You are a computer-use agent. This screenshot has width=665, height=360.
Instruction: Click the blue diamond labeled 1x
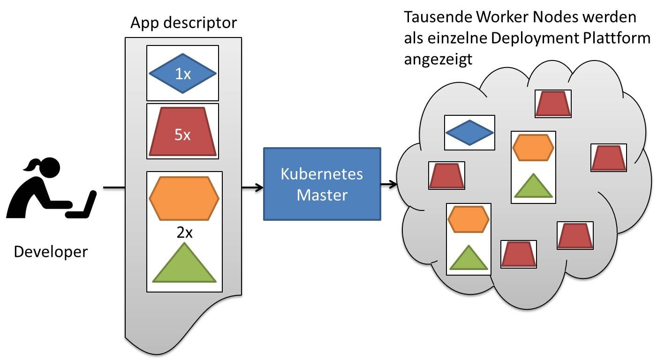[x=182, y=74]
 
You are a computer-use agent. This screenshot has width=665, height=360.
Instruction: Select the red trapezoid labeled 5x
[x=182, y=133]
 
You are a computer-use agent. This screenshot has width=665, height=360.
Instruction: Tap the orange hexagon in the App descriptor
[x=184, y=198]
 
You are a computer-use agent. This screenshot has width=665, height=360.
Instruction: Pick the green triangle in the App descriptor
[x=184, y=264]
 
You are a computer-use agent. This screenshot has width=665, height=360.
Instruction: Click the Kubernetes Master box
[x=322, y=184]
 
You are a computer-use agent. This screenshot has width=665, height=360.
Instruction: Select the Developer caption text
[x=51, y=252]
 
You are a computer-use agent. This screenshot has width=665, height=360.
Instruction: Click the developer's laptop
[x=84, y=206]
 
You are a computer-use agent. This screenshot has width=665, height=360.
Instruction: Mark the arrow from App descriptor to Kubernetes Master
[x=252, y=188]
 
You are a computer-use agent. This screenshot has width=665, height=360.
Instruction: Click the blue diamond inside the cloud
[x=469, y=133]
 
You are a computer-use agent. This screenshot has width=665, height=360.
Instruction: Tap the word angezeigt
[x=438, y=60]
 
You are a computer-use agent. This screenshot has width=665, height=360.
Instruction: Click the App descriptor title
[x=183, y=22]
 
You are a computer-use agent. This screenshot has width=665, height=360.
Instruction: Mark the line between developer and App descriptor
[x=114, y=188]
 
